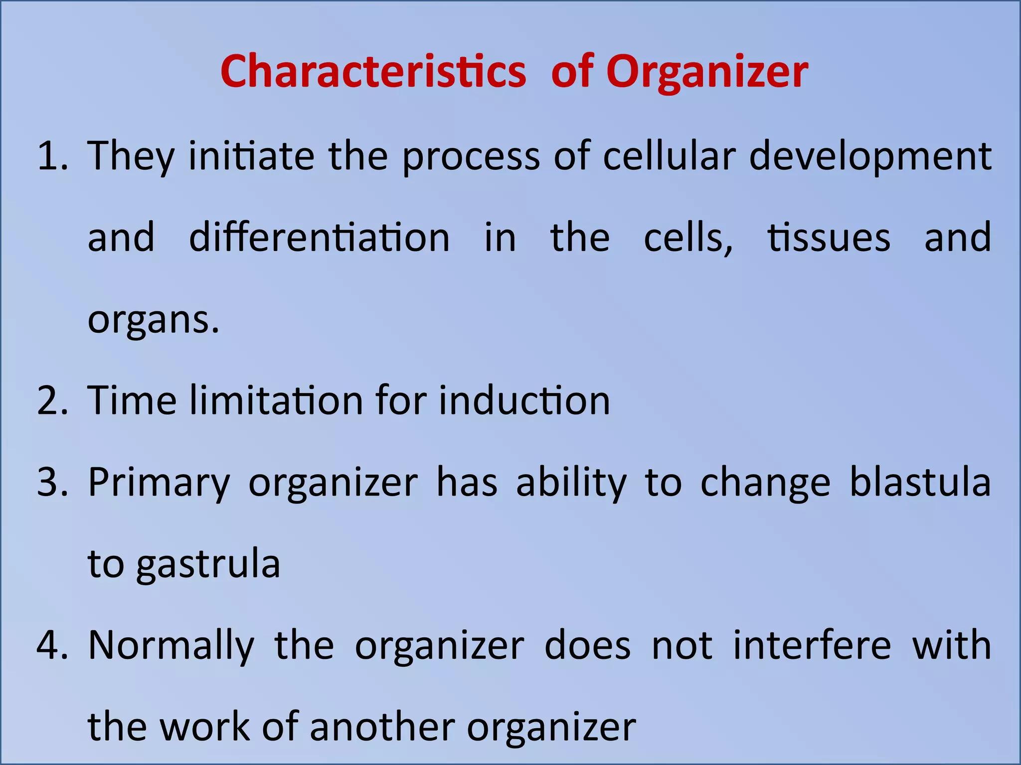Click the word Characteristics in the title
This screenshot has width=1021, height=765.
click(373, 72)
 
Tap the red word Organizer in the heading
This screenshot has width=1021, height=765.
click(706, 73)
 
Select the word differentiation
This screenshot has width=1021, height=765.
click(319, 237)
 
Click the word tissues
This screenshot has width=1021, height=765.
click(829, 238)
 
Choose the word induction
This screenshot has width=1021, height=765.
click(524, 400)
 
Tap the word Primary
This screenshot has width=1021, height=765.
click(159, 483)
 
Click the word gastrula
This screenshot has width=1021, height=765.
click(208, 565)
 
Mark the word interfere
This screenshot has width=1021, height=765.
click(812, 645)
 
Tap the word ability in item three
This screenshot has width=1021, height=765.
click(571, 483)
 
